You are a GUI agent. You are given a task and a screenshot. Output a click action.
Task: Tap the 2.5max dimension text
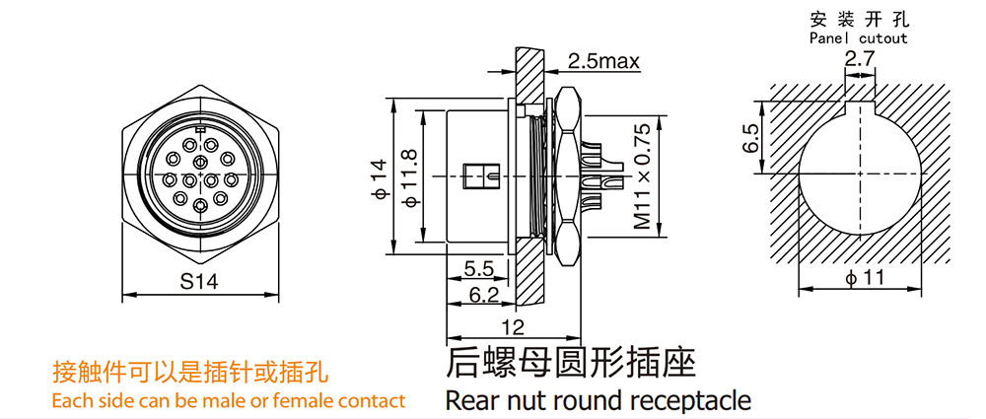603,62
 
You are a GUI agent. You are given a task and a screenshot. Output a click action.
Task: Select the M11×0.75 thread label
642,177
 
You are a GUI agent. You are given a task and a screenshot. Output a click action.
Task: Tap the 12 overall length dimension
512,327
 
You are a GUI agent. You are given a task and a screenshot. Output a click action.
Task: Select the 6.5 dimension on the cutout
751,138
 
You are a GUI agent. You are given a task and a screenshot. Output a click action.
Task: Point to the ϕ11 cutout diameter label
866,279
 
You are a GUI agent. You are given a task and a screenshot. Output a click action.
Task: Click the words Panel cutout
858,38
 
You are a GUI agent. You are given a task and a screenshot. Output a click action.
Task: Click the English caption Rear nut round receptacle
598,400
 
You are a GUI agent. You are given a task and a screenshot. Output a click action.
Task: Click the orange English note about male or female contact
228,400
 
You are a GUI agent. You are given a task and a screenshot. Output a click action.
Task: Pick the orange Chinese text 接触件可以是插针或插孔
190,373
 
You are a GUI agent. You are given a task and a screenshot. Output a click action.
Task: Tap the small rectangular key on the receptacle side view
481,177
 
